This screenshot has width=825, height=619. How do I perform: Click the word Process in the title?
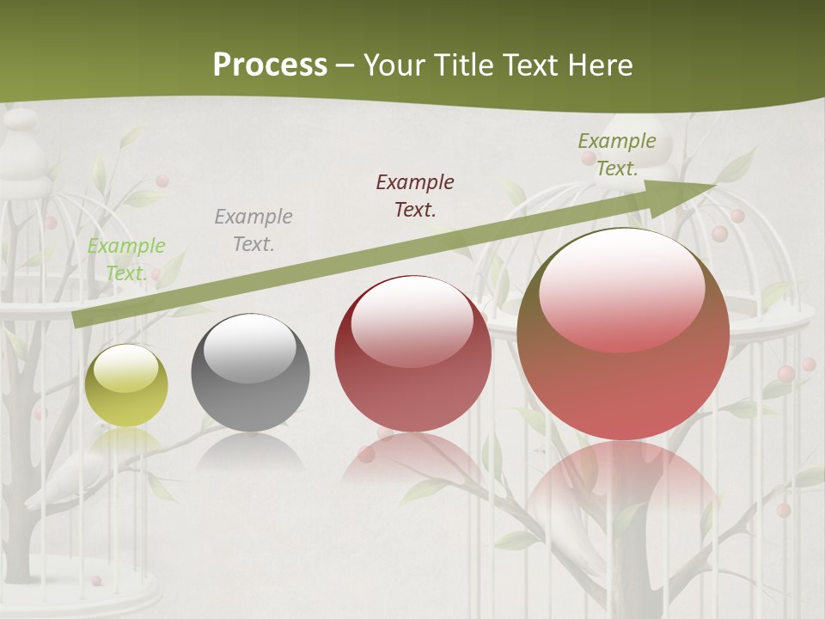270,65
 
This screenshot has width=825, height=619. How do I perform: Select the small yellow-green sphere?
126,385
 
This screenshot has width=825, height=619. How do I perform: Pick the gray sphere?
250,372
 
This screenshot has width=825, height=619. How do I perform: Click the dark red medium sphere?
412,353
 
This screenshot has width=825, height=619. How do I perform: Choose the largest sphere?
623,334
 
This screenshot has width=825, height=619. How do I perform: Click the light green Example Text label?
126,260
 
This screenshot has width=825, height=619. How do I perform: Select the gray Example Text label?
254,230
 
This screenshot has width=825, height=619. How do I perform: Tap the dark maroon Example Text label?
415,195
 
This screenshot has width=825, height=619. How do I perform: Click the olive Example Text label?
616,154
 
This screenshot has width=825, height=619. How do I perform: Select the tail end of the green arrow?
82,319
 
